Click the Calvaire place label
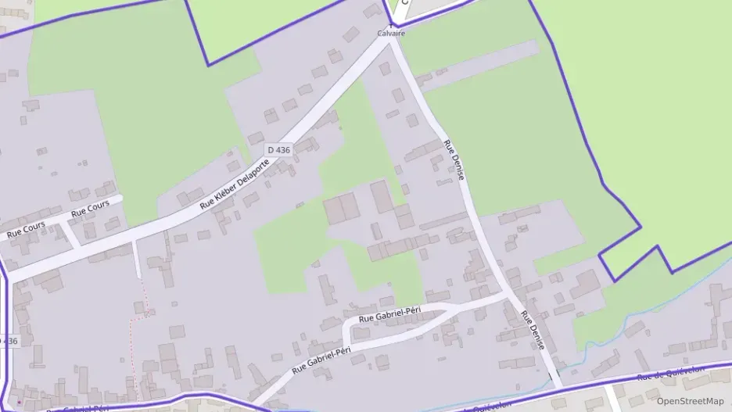click(391, 34)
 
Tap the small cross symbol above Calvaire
click(391, 26)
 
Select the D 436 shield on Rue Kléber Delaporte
click(279, 149)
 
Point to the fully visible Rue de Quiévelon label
click(671, 373)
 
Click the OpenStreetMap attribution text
click(690, 401)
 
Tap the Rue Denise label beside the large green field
click(454, 160)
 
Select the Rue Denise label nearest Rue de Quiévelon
click(533, 331)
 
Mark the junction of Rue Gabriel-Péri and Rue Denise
click(509, 296)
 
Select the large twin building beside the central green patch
click(341, 210)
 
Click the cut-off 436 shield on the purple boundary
click(8, 342)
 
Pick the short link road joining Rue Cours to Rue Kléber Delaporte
click(69, 235)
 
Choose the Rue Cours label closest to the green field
click(90, 209)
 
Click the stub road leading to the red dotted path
click(137, 258)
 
